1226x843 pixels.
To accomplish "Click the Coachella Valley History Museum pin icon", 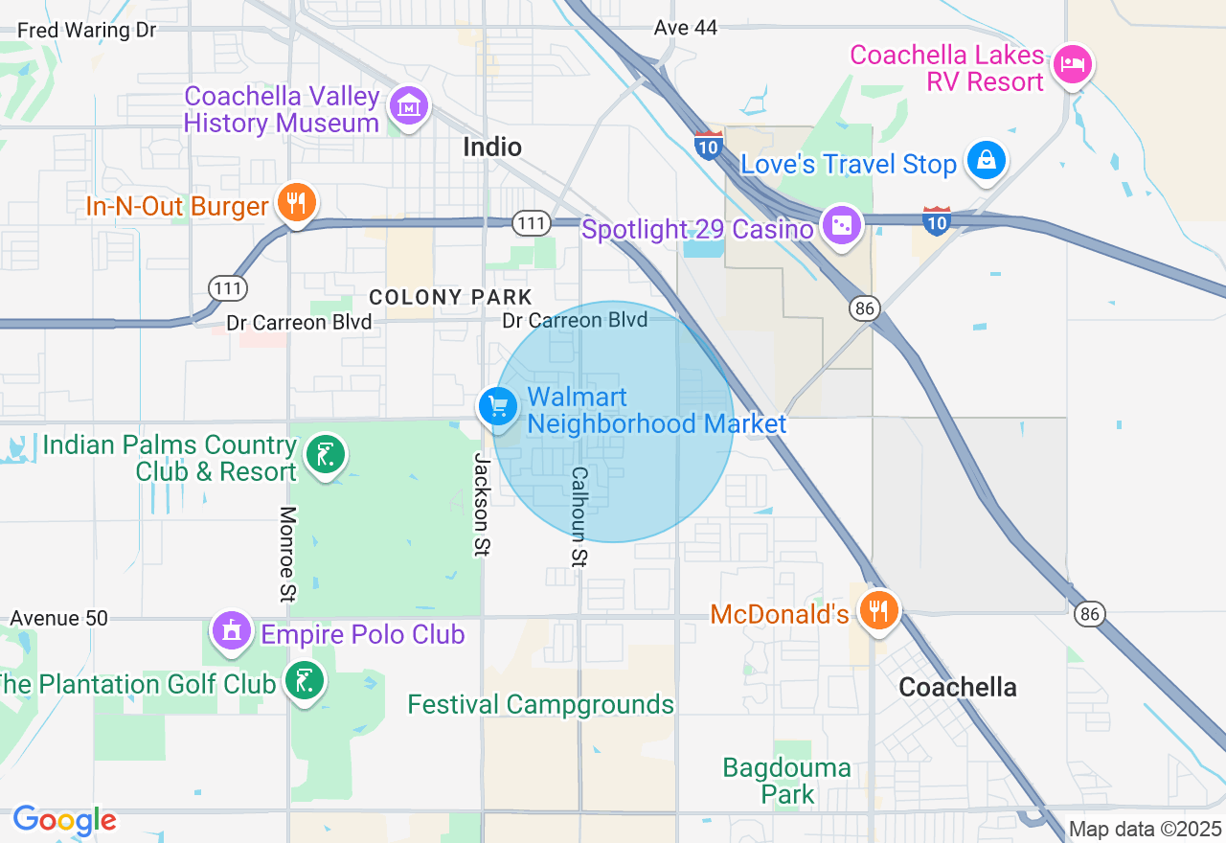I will pos(409,107).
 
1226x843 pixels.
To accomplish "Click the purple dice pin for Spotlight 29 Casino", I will pos(842,226).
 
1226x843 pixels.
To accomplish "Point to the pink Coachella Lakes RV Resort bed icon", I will pos(1072,65).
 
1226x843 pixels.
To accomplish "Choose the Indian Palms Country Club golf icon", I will pos(326,456).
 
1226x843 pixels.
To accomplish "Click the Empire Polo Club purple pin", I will pos(231,631).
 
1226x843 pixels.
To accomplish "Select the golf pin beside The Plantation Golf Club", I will pos(306,682).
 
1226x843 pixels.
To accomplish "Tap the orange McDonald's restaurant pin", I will pos(876,610).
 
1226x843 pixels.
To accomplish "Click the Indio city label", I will pos(492,147).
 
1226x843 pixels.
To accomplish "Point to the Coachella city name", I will pos(958,687).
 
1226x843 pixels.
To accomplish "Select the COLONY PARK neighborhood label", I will pos(450,297).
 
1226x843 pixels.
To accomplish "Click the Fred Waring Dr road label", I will pos(86,30).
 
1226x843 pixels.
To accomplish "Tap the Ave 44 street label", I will pos(686,28).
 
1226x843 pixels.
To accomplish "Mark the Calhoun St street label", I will pos(579,516).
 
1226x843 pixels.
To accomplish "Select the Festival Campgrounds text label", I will pos(541,705).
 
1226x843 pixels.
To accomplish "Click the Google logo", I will pos(64,820).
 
